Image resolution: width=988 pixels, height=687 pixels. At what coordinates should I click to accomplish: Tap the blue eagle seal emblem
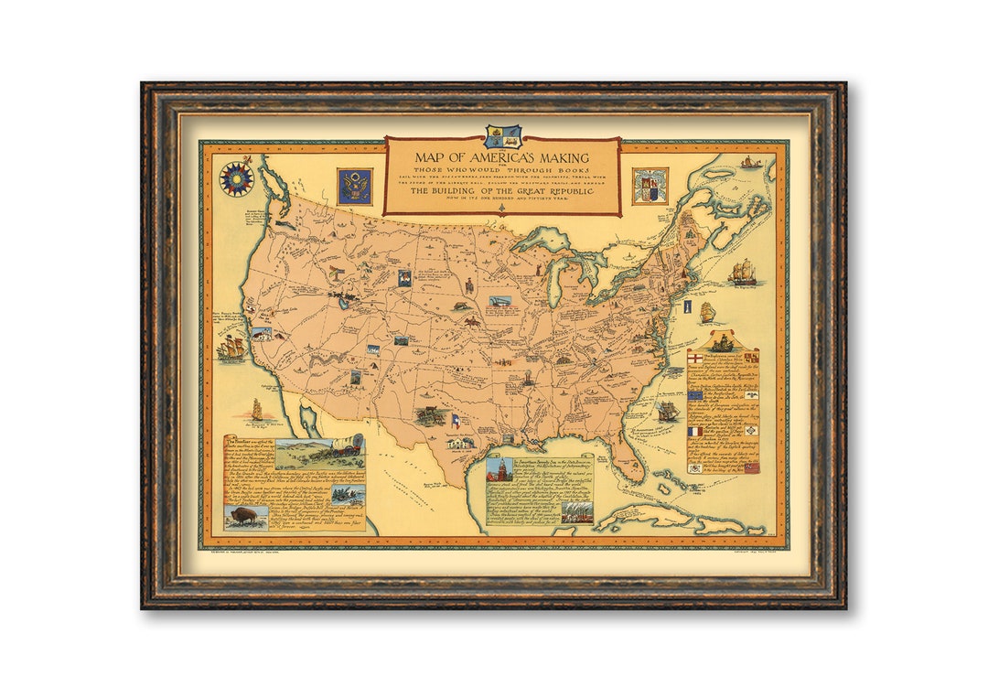pos(353,186)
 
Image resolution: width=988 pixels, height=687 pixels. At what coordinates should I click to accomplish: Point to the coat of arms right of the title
pos(650,186)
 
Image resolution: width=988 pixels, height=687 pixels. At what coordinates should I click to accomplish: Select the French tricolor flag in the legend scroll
pos(695,430)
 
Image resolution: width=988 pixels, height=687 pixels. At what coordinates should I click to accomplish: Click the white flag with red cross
pos(696,358)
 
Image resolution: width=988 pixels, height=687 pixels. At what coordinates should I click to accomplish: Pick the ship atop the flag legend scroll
pos(723,342)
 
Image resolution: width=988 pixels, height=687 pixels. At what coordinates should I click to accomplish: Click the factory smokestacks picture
pos(575,510)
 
